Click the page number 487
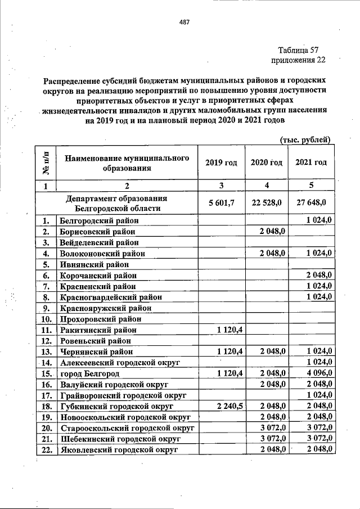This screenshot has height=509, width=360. tap(184, 22)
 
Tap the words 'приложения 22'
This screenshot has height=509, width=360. tap(298, 60)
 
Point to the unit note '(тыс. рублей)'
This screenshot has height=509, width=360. tap(304, 140)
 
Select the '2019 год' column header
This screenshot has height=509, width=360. tap(220, 163)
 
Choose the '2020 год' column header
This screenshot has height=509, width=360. tap(266, 163)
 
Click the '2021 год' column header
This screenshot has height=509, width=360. tap(311, 163)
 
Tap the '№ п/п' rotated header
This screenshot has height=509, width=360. tap(46, 162)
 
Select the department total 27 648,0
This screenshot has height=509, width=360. tap(312, 203)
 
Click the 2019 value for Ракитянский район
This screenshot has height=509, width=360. tap(229, 330)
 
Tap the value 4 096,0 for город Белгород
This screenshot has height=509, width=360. tap(319, 373)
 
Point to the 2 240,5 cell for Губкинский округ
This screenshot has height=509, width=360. tap(229, 406)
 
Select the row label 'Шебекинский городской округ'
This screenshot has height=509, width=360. tap(120, 439)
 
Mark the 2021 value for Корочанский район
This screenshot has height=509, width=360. tap(319, 275)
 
